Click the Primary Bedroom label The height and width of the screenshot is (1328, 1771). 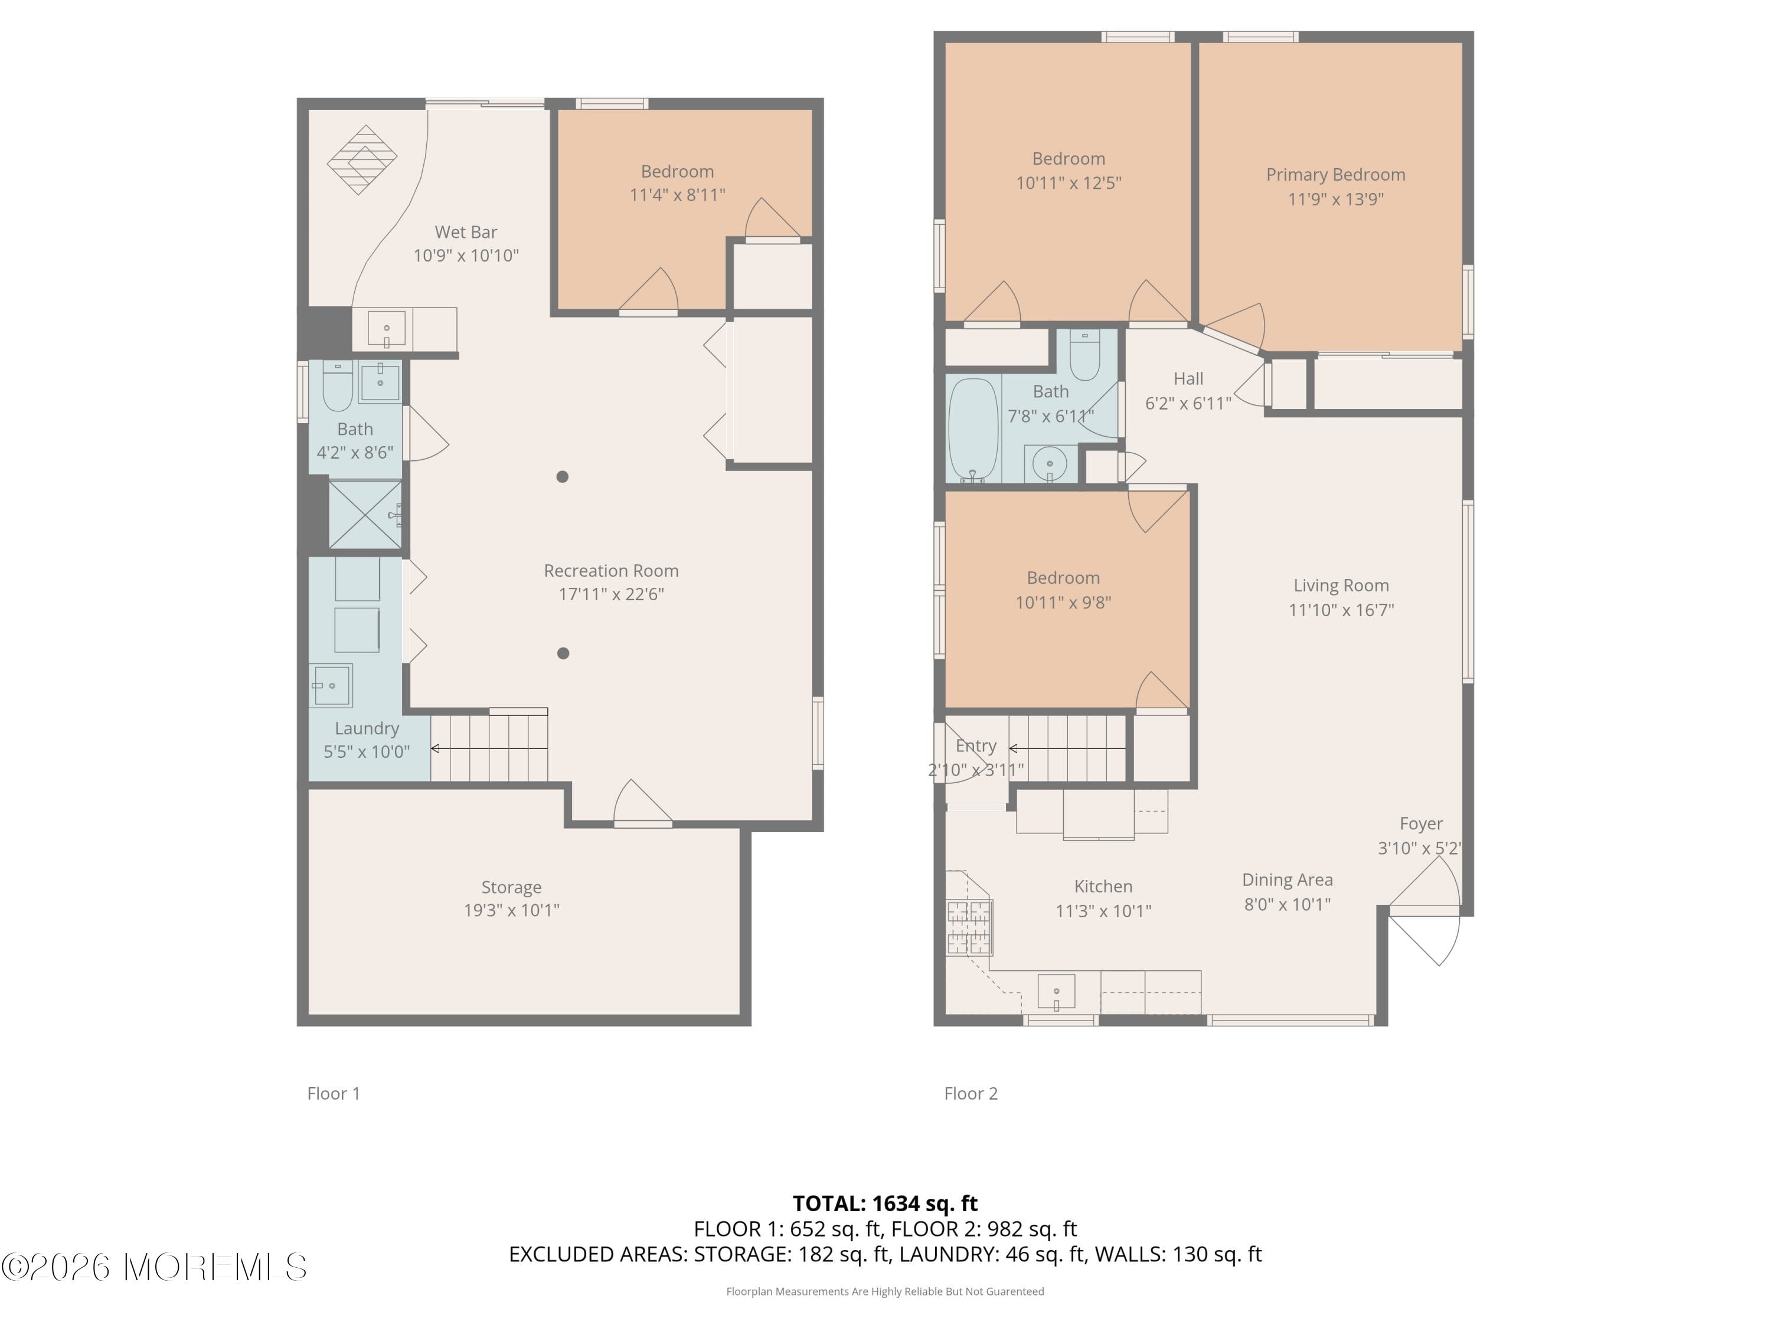pyautogui.click(x=1335, y=175)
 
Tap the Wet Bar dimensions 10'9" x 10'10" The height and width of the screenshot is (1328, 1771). pyautogui.click(x=465, y=256)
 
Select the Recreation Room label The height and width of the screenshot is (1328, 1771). pyautogui.click(x=611, y=571)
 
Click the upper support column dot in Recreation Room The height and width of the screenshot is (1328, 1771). pyautogui.click(x=562, y=476)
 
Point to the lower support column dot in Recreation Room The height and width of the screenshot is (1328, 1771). pyautogui.click(x=563, y=653)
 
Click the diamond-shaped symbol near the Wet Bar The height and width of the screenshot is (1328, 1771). pyautogui.click(x=362, y=159)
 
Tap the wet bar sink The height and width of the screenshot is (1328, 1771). pyautogui.click(x=386, y=328)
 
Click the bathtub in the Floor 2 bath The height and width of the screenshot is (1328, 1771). pyautogui.click(x=973, y=429)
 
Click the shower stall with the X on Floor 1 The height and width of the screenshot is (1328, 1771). pyautogui.click(x=365, y=515)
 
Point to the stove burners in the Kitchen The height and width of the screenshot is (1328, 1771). pyautogui.click(x=969, y=927)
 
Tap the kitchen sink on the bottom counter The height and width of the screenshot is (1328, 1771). pyautogui.click(x=1056, y=992)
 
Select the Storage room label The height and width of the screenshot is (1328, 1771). pyautogui.click(x=511, y=887)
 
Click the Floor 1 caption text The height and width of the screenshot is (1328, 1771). pyautogui.click(x=333, y=1094)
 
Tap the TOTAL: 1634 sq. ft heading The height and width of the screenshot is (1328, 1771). pyautogui.click(x=885, y=1203)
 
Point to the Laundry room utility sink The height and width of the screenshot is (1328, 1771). pyautogui.click(x=331, y=685)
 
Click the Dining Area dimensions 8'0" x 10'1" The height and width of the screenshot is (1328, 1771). pyautogui.click(x=1286, y=905)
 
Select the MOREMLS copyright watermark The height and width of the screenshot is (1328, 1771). pyautogui.click(x=153, y=1267)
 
